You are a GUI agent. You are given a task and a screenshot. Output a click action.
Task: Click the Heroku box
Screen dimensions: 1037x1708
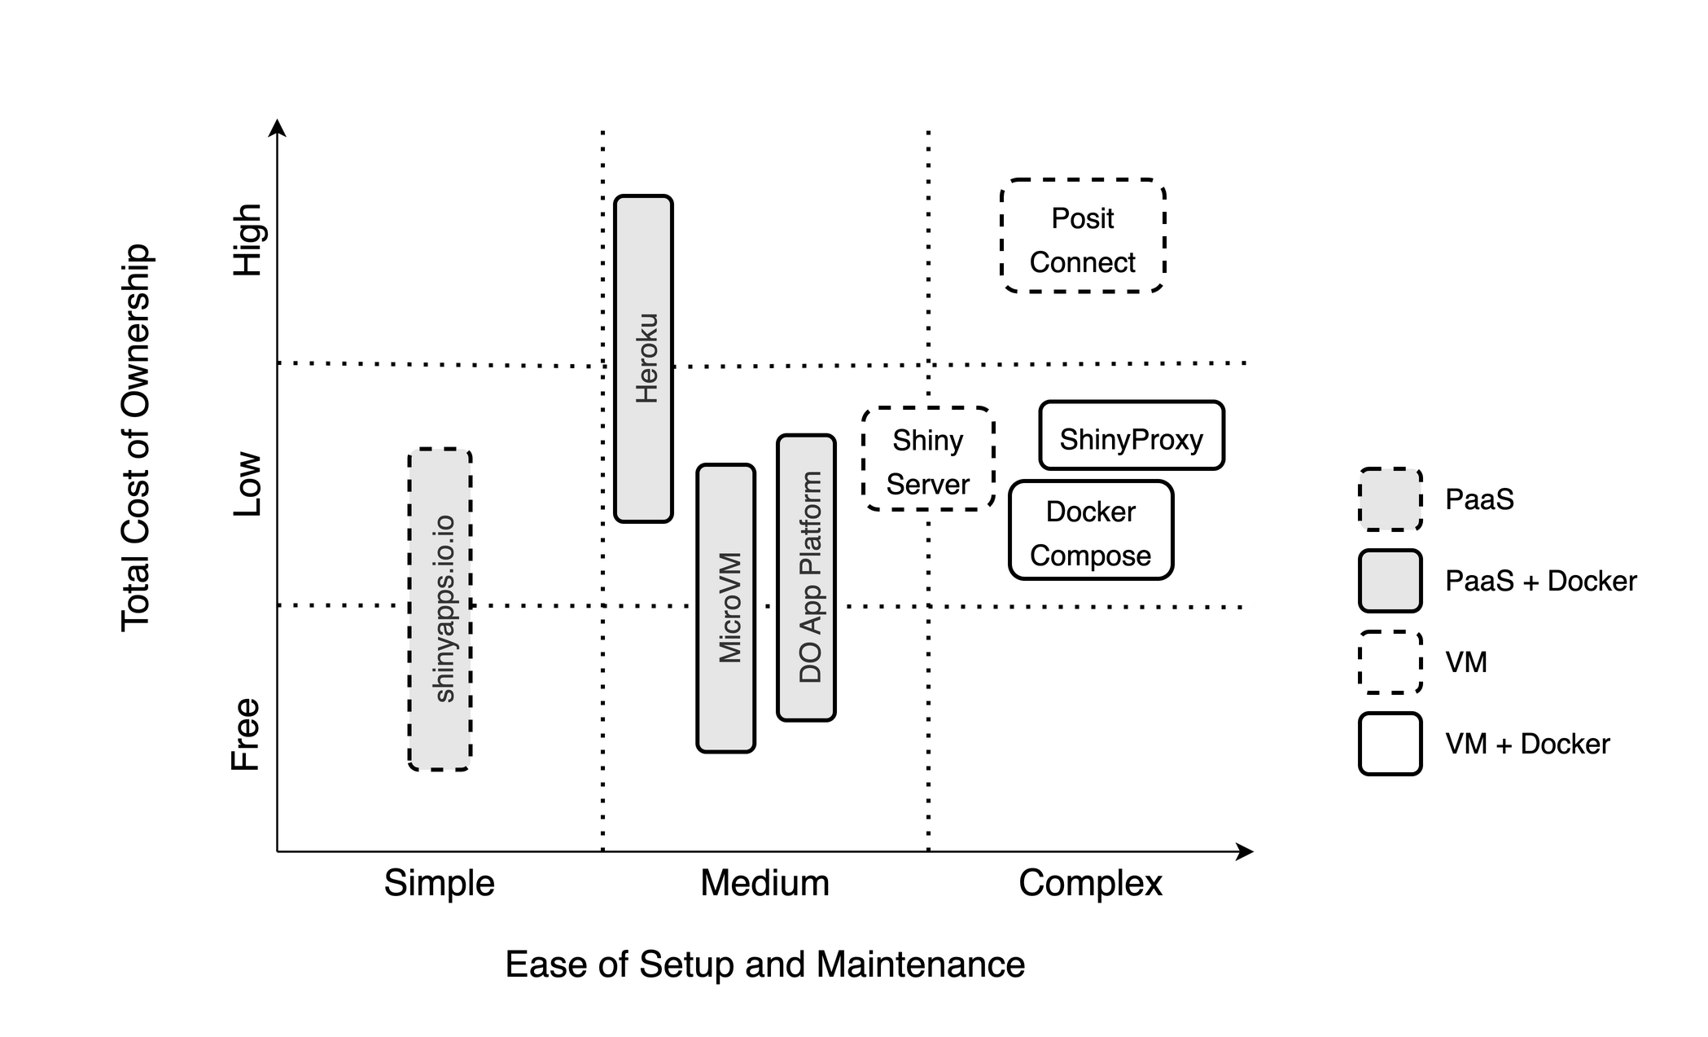pos(643,358)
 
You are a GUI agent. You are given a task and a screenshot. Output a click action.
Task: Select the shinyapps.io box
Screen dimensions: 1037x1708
pos(440,609)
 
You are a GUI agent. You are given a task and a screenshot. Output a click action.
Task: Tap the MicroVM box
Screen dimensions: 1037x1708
pos(725,608)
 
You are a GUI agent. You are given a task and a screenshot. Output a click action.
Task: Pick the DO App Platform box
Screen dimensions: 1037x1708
pos(806,578)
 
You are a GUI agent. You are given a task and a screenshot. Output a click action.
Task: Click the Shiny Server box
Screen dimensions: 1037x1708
pos(928,459)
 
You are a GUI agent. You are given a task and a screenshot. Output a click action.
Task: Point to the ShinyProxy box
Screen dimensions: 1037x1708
pos(1132,436)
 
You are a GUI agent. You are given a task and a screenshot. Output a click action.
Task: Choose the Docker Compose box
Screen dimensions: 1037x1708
pos(1091,530)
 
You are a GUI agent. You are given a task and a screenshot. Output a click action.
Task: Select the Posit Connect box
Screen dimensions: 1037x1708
pos(1083,236)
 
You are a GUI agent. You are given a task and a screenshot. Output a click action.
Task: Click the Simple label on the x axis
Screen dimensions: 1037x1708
pos(440,883)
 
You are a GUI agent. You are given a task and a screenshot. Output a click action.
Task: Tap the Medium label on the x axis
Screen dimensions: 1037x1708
pos(765,883)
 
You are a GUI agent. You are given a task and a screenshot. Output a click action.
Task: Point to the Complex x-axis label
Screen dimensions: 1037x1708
pos(1091,883)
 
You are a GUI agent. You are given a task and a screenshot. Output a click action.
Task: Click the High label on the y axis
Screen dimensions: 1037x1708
pos(247,239)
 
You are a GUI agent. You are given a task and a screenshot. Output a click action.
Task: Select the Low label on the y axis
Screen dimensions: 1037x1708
pos(247,484)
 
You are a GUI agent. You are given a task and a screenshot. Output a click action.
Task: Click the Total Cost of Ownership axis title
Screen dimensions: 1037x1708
pos(136,437)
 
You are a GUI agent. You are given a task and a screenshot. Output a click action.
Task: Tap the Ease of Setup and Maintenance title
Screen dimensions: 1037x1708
pos(765,964)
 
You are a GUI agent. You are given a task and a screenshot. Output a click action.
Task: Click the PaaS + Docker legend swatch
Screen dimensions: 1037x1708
pos(1390,581)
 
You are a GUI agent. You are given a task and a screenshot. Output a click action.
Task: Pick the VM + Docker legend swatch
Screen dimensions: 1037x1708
pos(1390,744)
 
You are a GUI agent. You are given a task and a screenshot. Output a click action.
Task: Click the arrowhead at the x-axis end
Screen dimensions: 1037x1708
pos(1246,852)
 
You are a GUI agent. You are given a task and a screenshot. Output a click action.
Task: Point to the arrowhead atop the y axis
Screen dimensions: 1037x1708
pos(278,128)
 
